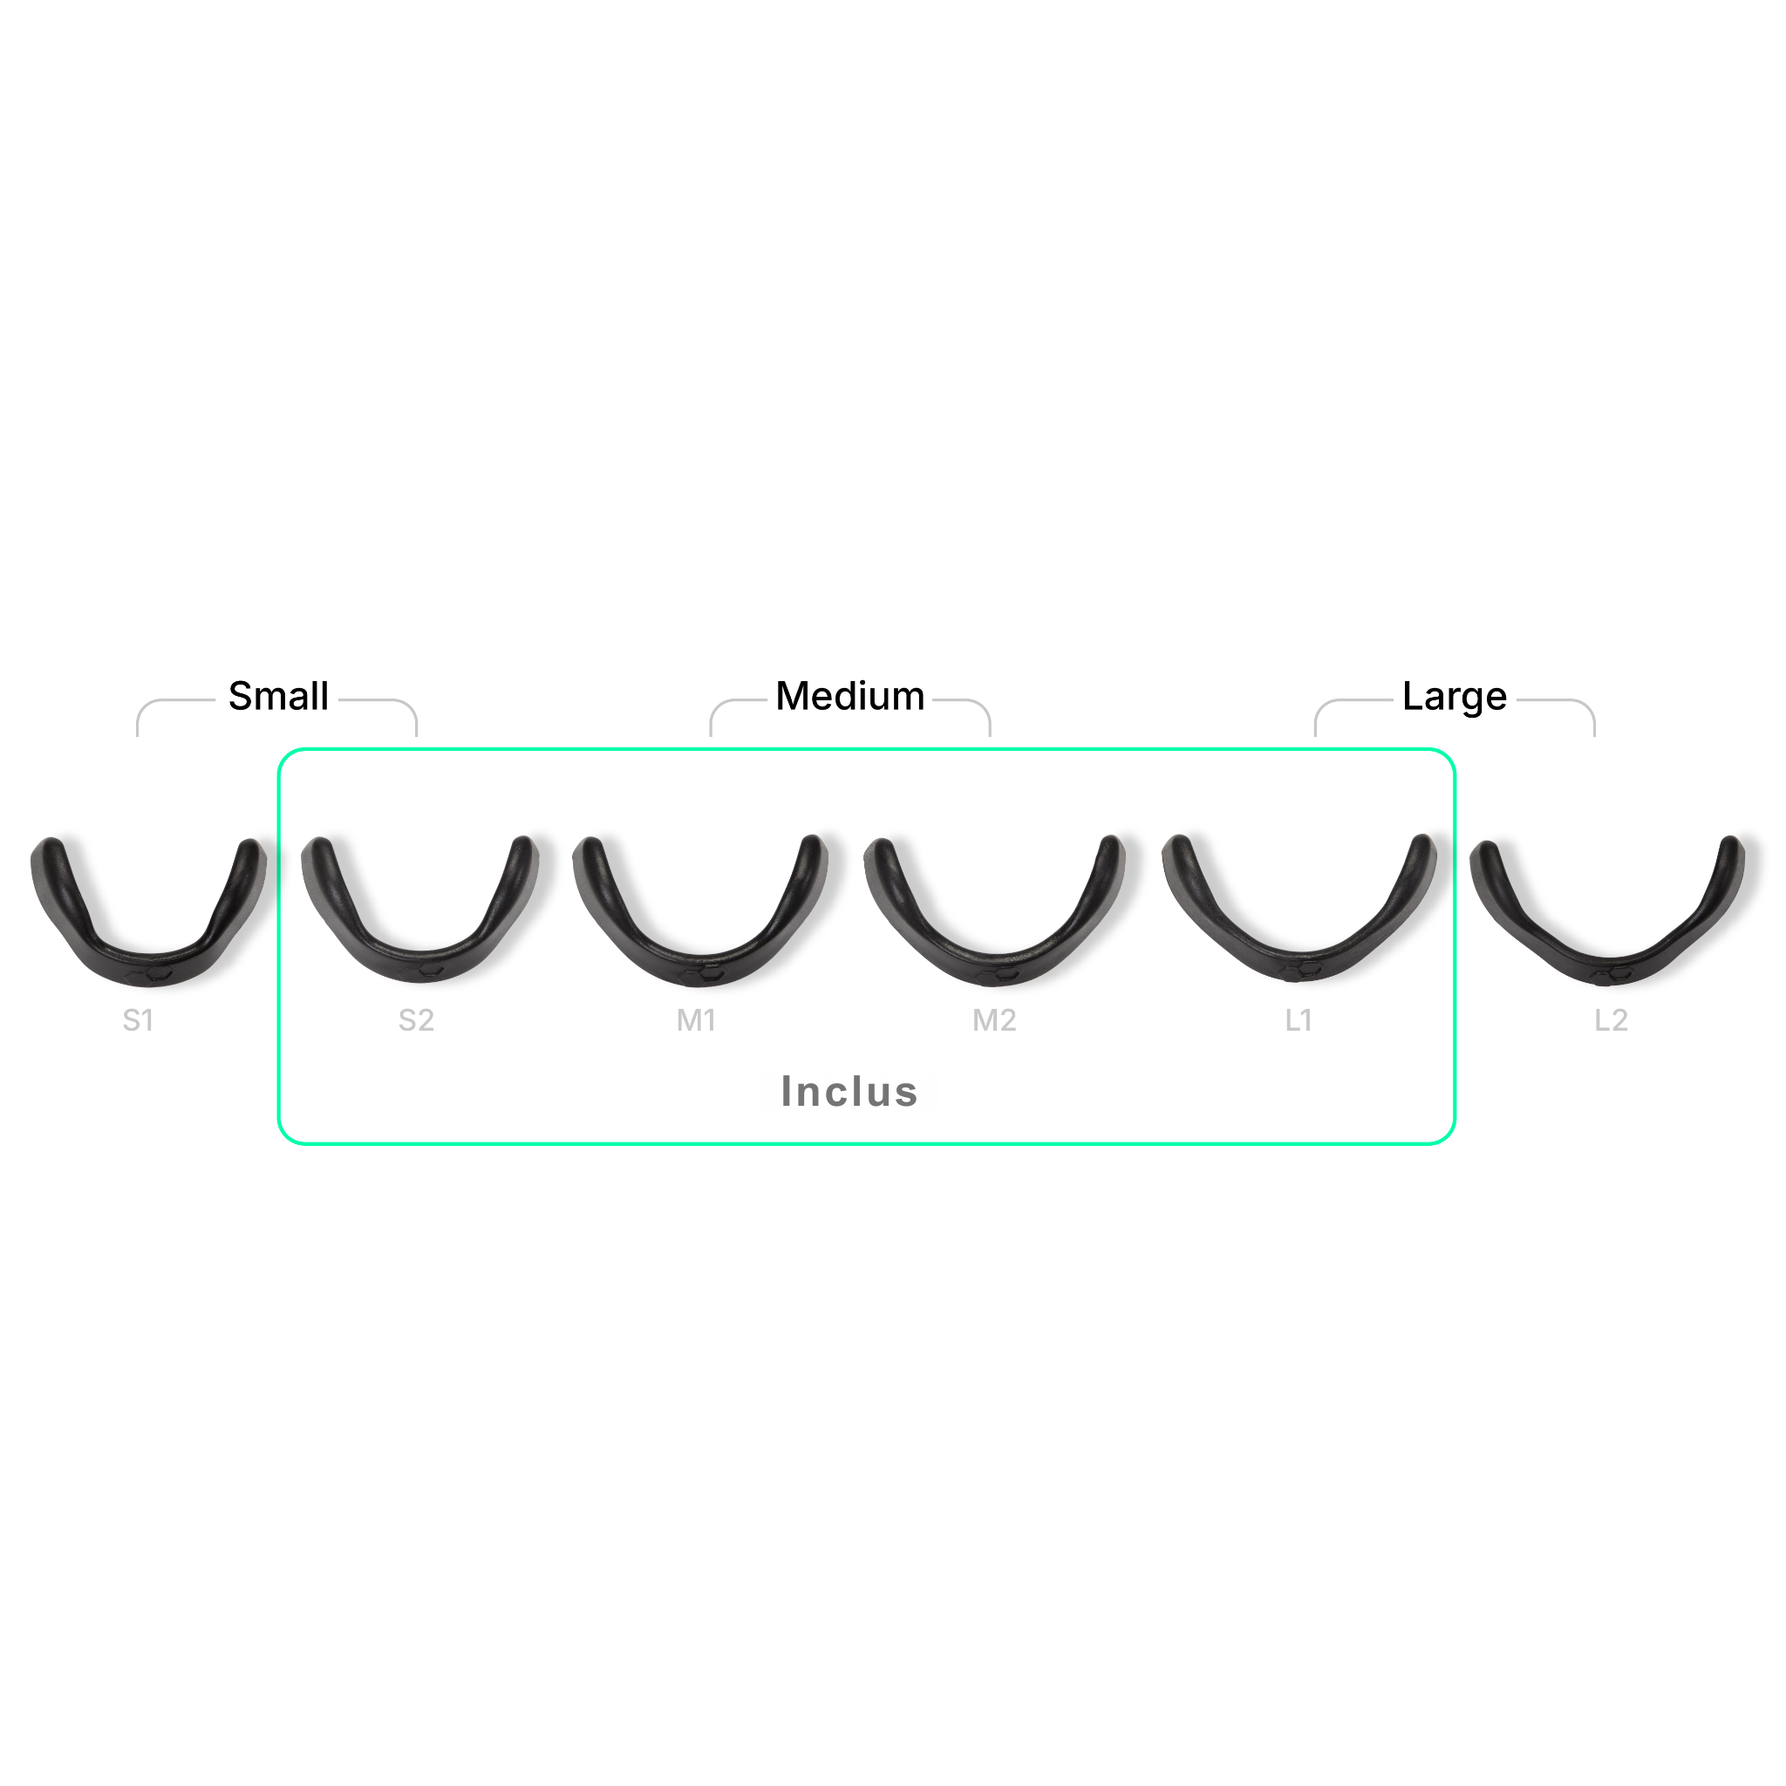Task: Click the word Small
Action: [x=278, y=697]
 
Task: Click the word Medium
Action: [x=849, y=697]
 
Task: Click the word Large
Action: [x=1454, y=697]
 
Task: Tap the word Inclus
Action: [x=849, y=1092]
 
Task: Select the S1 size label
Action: [x=138, y=1020]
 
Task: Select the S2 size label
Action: [x=416, y=1020]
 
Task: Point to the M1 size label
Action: [x=696, y=1020]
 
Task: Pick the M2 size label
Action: [x=994, y=1020]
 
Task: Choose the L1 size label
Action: [x=1298, y=1020]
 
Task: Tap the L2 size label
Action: [x=1611, y=1020]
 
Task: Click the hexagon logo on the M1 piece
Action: [x=710, y=974]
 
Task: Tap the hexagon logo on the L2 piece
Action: [x=1619, y=971]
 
